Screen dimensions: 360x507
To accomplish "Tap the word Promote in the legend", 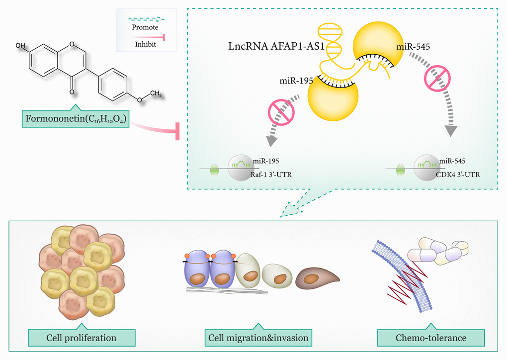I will click(x=145, y=27).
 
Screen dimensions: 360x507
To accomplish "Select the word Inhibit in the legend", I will click(x=145, y=44).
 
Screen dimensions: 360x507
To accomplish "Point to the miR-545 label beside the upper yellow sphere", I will click(x=413, y=47).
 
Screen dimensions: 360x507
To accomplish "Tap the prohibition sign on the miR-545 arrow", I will click(x=436, y=79).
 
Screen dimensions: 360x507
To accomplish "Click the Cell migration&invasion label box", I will click(x=257, y=338).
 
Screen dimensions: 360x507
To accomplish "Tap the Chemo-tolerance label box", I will click(x=431, y=338).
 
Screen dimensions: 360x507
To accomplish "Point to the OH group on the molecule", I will click(x=21, y=46).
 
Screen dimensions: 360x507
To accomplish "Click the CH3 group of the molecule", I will click(x=155, y=93).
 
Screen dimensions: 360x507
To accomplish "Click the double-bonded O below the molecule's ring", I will click(x=72, y=92).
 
